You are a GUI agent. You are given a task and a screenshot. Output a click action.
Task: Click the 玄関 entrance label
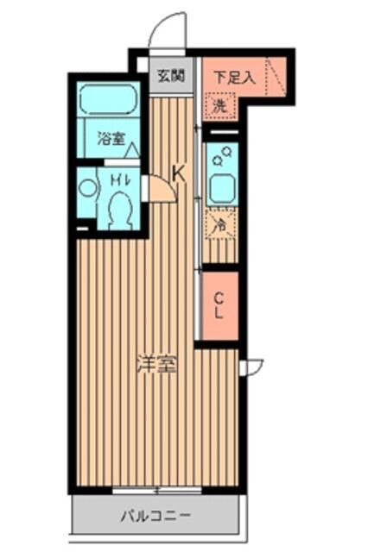click(170, 75)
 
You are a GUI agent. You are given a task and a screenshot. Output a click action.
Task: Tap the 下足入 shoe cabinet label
click(234, 76)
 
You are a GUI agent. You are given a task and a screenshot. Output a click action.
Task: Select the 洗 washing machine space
click(219, 107)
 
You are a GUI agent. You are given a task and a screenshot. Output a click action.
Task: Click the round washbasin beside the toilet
click(86, 187)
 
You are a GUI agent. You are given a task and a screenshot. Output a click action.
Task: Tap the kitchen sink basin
click(220, 186)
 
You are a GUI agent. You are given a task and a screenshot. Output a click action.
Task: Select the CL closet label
click(219, 306)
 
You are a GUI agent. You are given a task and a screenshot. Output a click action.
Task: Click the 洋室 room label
click(156, 364)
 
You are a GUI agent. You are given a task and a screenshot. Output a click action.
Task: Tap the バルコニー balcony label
click(155, 517)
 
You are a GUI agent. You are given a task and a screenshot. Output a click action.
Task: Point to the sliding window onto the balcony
click(156, 491)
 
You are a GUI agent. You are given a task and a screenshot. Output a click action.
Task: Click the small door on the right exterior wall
click(251, 367)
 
